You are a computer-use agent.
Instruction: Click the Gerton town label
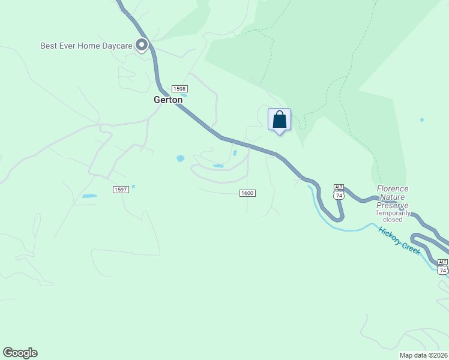tap(168, 100)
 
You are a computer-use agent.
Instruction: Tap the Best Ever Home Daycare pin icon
tap(142, 45)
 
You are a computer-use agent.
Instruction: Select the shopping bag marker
tap(279, 119)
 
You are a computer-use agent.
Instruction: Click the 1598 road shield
tap(179, 88)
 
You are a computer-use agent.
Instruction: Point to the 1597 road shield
tap(121, 190)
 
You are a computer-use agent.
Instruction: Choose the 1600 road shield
tap(247, 193)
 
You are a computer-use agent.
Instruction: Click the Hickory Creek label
tap(399, 241)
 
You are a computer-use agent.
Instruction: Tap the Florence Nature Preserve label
tap(393, 197)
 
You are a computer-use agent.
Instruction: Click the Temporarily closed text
tap(393, 216)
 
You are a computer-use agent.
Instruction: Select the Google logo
tap(20, 353)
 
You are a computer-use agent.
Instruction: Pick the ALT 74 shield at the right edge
tap(442, 267)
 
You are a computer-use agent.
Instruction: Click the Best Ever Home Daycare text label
tap(86, 46)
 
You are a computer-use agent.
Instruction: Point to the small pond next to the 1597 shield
tap(133, 186)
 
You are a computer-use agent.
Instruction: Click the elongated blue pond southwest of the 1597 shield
tap(89, 196)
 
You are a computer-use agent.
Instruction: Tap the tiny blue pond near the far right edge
tap(422, 120)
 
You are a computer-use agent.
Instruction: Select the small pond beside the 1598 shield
tap(184, 95)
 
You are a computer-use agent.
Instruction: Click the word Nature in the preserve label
tap(393, 197)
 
